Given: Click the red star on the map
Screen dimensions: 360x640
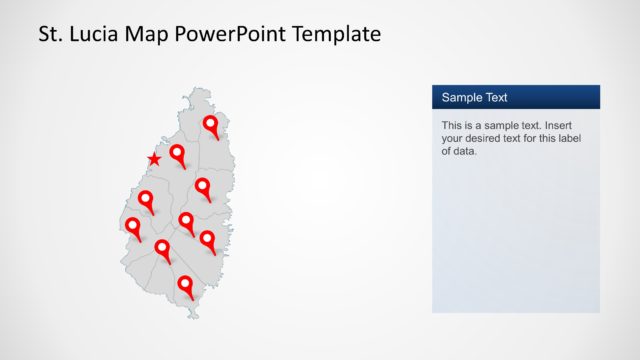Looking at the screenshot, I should [x=154, y=159].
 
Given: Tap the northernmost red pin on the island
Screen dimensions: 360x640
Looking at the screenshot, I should [x=210, y=125].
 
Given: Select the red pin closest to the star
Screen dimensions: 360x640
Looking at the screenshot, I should [x=177, y=153].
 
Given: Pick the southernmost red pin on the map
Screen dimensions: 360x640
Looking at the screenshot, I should [x=185, y=285].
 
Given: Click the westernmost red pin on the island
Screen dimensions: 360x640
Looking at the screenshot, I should [x=132, y=227].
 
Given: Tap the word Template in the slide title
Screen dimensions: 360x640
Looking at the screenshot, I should [x=336, y=35].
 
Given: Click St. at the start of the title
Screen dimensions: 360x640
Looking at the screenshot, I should [x=50, y=35].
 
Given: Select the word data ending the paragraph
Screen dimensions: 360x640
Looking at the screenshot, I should [x=465, y=152].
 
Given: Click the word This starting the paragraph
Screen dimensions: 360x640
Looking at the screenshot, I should [x=453, y=126].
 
